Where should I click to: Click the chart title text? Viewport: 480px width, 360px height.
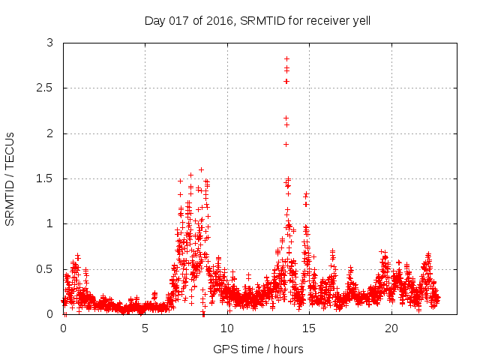coord(257,20)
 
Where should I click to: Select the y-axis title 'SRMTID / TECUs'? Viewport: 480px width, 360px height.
coord(10,178)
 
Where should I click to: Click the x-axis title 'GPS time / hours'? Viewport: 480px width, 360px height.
coord(258,349)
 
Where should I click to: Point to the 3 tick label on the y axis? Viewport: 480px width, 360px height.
coord(50,43)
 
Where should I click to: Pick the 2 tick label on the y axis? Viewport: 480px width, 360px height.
coord(50,133)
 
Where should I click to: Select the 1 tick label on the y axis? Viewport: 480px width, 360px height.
coord(50,223)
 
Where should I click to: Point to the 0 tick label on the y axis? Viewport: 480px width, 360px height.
coord(50,314)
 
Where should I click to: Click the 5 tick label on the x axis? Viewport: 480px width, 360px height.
coord(145,328)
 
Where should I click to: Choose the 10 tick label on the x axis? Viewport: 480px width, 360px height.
coord(227,328)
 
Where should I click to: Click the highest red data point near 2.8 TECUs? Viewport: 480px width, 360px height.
coord(286,58)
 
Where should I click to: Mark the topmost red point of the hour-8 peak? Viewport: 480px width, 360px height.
coord(201,170)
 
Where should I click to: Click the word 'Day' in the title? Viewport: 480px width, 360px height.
coord(154,20)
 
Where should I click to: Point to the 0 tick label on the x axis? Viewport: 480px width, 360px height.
coord(63,328)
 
